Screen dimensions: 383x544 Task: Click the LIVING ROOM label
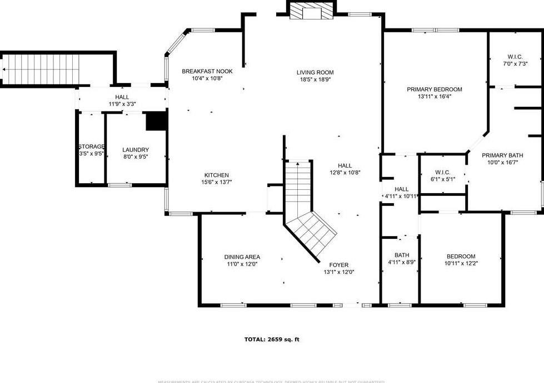pyautogui.click(x=315, y=72)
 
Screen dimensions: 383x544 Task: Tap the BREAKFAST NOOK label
pyautogui.click(x=207, y=71)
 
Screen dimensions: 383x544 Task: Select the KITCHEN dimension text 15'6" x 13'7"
pyautogui.click(x=216, y=182)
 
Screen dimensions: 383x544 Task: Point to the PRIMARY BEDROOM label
pyautogui.click(x=434, y=89)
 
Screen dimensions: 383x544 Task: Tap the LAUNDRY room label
pyautogui.click(x=136, y=150)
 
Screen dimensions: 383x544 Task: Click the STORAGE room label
pyautogui.click(x=91, y=146)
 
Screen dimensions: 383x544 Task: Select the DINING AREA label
pyautogui.click(x=242, y=257)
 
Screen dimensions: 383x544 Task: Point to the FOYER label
pyautogui.click(x=339, y=265)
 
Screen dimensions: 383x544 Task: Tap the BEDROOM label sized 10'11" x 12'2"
pyautogui.click(x=461, y=256)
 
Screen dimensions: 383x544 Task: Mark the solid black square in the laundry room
pyautogui.click(x=156, y=121)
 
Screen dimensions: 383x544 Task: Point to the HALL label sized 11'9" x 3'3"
pyautogui.click(x=122, y=97)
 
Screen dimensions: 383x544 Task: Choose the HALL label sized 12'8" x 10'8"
pyautogui.click(x=345, y=165)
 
